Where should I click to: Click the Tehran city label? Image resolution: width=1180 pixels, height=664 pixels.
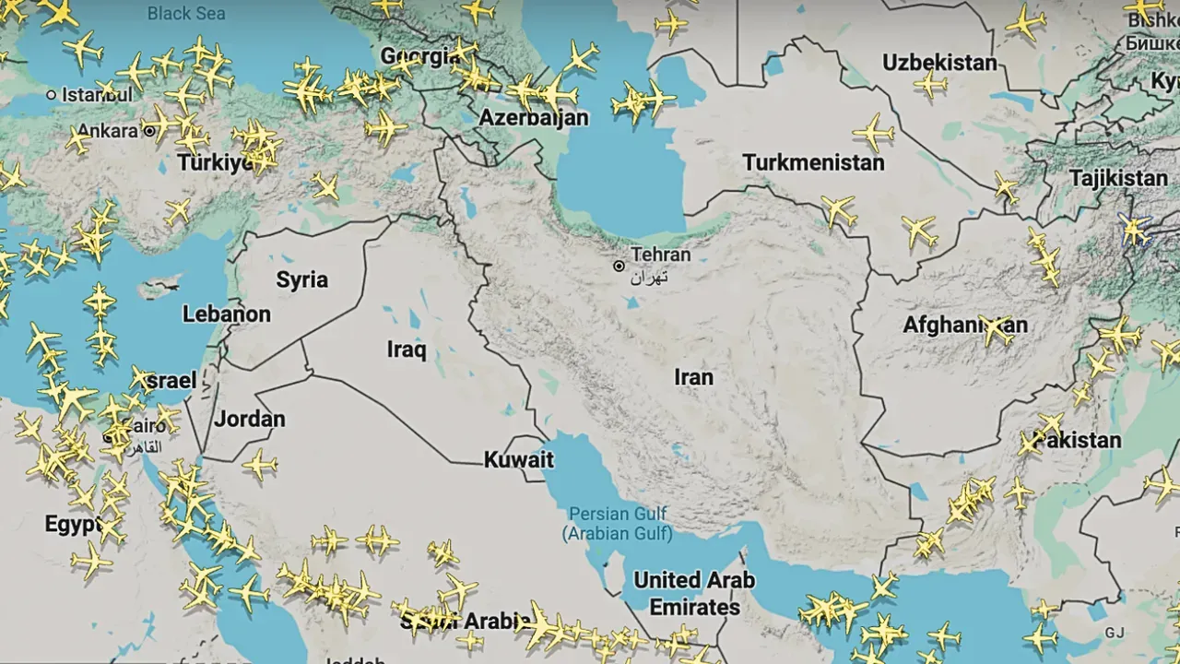[x=660, y=255]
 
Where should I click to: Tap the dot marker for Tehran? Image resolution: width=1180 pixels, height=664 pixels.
[x=619, y=267]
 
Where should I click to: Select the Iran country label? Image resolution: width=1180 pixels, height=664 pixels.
[x=693, y=377]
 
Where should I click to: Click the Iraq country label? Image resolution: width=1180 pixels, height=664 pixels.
[x=406, y=350]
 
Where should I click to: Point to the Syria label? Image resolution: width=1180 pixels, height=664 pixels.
[x=301, y=280]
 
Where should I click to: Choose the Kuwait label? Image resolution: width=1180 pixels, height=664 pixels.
[x=518, y=460]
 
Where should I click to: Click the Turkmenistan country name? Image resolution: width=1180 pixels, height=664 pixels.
[x=813, y=163]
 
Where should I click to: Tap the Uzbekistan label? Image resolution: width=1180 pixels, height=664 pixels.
[x=939, y=63]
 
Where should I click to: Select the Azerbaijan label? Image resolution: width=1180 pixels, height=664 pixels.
[x=533, y=118]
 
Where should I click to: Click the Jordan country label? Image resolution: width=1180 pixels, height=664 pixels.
[x=249, y=420]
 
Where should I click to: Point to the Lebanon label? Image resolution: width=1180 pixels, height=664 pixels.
[x=226, y=314]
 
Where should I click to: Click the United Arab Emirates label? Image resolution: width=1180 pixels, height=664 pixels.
[x=694, y=594]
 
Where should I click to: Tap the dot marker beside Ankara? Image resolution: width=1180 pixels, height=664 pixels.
[x=149, y=131]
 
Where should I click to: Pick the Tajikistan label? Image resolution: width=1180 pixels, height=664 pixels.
[x=1117, y=178]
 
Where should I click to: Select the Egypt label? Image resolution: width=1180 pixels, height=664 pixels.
[x=72, y=525]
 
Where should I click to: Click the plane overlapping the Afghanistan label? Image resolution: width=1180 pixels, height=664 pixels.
[x=996, y=328]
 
